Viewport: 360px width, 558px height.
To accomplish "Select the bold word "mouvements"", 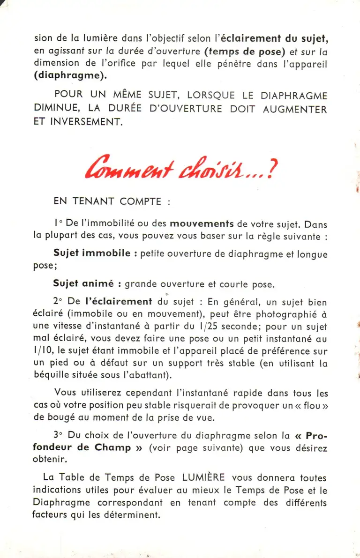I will tap(202, 224).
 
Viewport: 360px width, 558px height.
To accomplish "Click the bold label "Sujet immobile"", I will tap(92, 253).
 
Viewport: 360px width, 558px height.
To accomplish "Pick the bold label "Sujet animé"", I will tap(83, 284).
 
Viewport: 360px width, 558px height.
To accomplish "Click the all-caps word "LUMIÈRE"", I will tap(203, 478).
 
